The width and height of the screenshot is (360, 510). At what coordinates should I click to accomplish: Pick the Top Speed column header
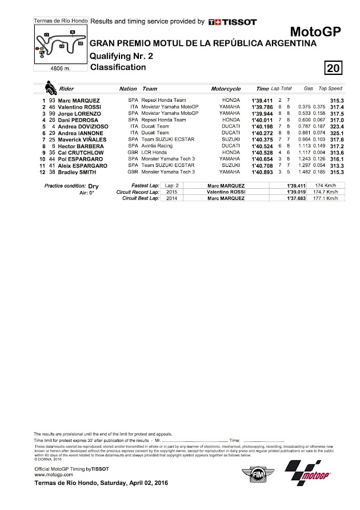330,89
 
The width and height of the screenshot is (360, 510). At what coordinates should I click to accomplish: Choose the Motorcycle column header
226,89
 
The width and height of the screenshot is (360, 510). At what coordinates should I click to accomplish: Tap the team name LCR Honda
154,153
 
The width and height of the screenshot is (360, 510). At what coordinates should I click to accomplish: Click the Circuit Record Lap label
138,192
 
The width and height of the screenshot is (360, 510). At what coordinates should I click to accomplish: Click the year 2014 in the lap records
171,198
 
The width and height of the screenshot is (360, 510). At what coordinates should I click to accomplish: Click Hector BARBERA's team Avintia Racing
159,146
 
